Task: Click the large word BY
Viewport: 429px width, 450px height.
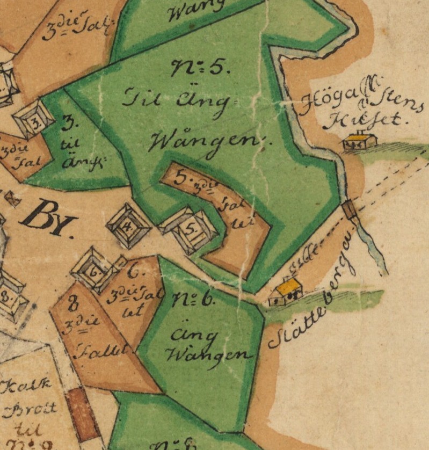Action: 47,220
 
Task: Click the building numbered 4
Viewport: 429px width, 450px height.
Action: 128,225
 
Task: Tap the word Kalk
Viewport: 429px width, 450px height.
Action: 24,386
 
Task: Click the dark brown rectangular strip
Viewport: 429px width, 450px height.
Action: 83,414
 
